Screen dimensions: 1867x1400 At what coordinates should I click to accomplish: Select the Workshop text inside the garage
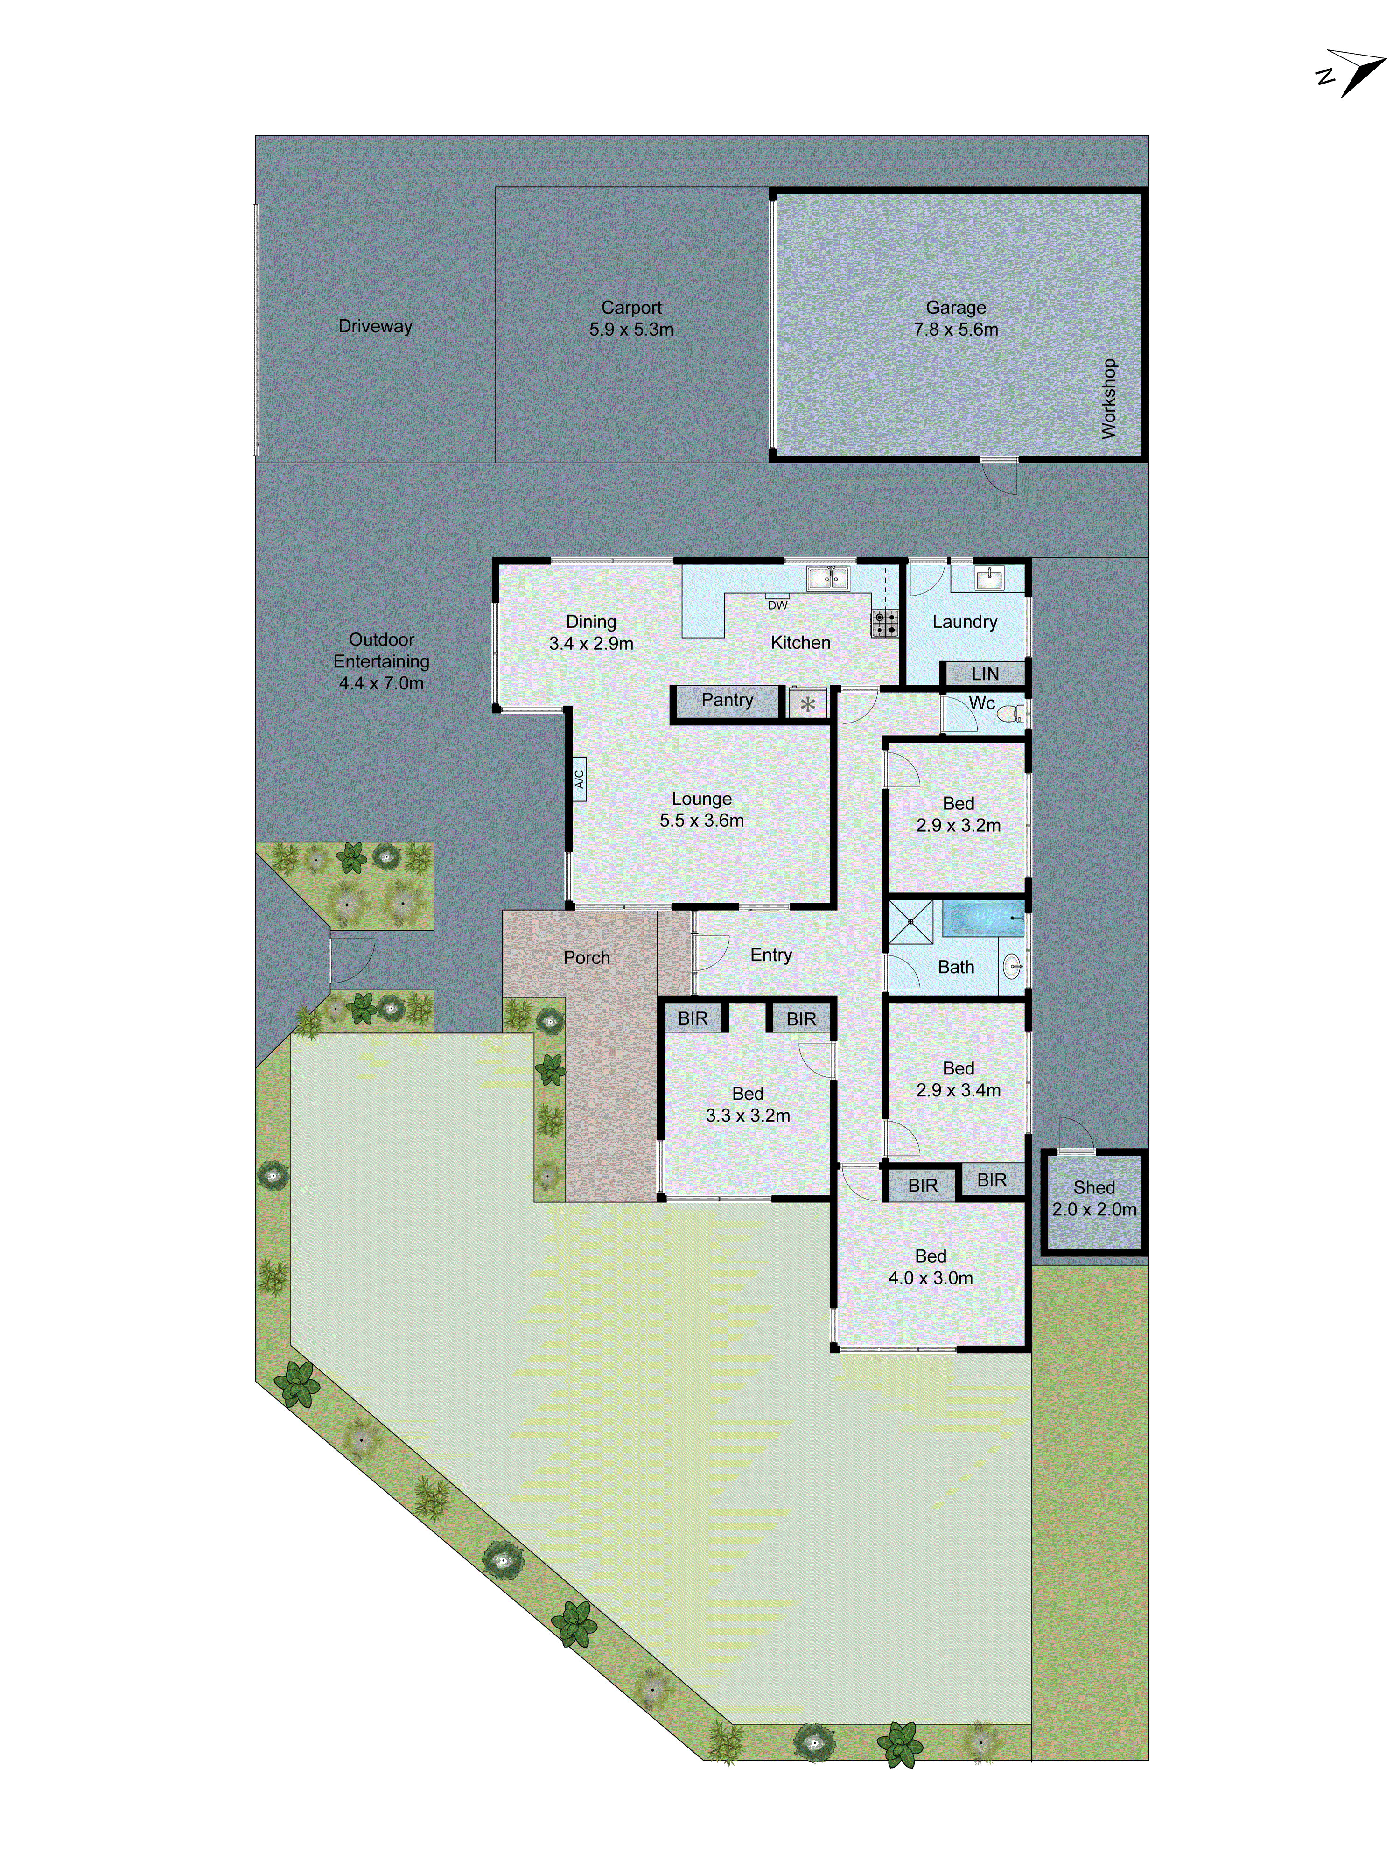tap(1108, 399)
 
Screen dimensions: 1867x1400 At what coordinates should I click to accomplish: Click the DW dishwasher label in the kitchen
tap(777, 604)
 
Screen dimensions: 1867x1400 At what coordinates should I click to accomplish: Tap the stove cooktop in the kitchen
tap(884, 624)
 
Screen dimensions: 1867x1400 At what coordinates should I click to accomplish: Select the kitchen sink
tap(828, 578)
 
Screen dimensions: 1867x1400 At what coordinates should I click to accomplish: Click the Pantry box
tap(727, 701)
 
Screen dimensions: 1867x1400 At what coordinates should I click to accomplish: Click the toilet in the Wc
tap(1009, 714)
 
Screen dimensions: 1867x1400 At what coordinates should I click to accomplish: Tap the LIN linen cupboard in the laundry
tap(985, 674)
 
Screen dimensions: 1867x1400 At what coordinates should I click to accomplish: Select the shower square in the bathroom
tap(910, 922)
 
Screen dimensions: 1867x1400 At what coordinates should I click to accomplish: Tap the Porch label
tap(587, 958)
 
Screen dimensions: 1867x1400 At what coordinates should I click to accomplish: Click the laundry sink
tap(988, 578)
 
